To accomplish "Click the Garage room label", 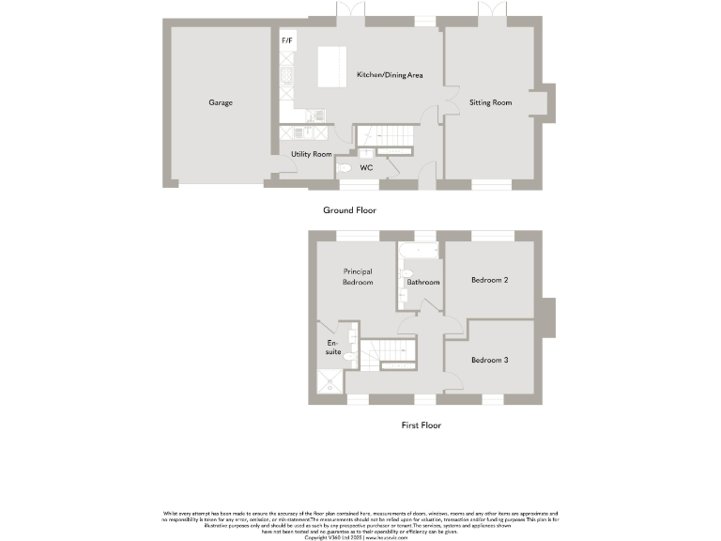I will point(221,102).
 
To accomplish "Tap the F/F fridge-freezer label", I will point(286,42).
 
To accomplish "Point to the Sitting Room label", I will point(490,102).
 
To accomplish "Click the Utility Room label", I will point(311,154).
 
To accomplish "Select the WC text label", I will point(368,169).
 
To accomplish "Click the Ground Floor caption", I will point(349,210).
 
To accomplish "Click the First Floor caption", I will point(421,425).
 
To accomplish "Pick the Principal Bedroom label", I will point(358,277).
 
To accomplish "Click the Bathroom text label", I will point(422,282).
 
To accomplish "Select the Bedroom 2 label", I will point(490,280).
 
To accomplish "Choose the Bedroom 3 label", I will point(490,360).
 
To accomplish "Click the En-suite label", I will point(332,347).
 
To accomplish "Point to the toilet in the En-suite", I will point(349,357).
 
